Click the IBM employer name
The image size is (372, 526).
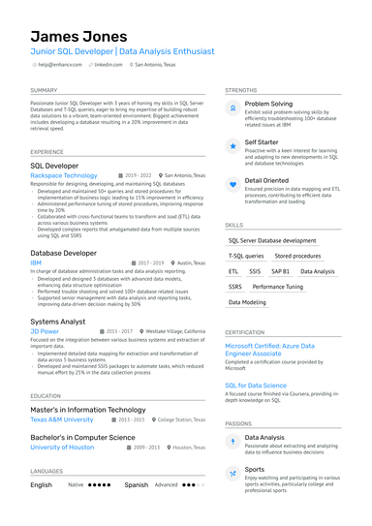36,263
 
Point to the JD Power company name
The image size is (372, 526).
45,331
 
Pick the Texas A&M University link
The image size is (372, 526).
62,419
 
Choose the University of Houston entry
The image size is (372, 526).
62,448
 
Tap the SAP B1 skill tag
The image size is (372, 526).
280,272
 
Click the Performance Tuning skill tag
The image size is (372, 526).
278,287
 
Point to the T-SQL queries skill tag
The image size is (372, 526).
246,256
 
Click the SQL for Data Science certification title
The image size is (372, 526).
256,386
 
